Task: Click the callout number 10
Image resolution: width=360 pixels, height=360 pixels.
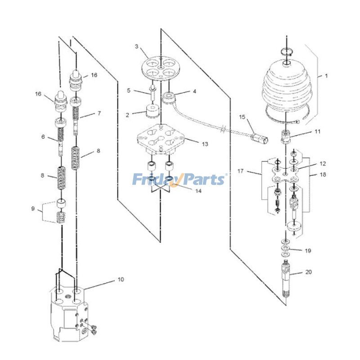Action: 121,279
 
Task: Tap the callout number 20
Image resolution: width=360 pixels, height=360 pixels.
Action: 309,272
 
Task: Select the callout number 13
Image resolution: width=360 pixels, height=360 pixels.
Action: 205,144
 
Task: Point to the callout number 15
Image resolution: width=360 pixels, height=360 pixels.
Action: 242,117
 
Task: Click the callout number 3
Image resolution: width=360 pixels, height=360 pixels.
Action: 137,47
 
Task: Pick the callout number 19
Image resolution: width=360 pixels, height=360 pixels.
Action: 308,251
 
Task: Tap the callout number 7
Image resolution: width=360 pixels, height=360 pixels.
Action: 99,113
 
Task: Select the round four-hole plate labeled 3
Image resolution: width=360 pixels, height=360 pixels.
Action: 161,68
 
